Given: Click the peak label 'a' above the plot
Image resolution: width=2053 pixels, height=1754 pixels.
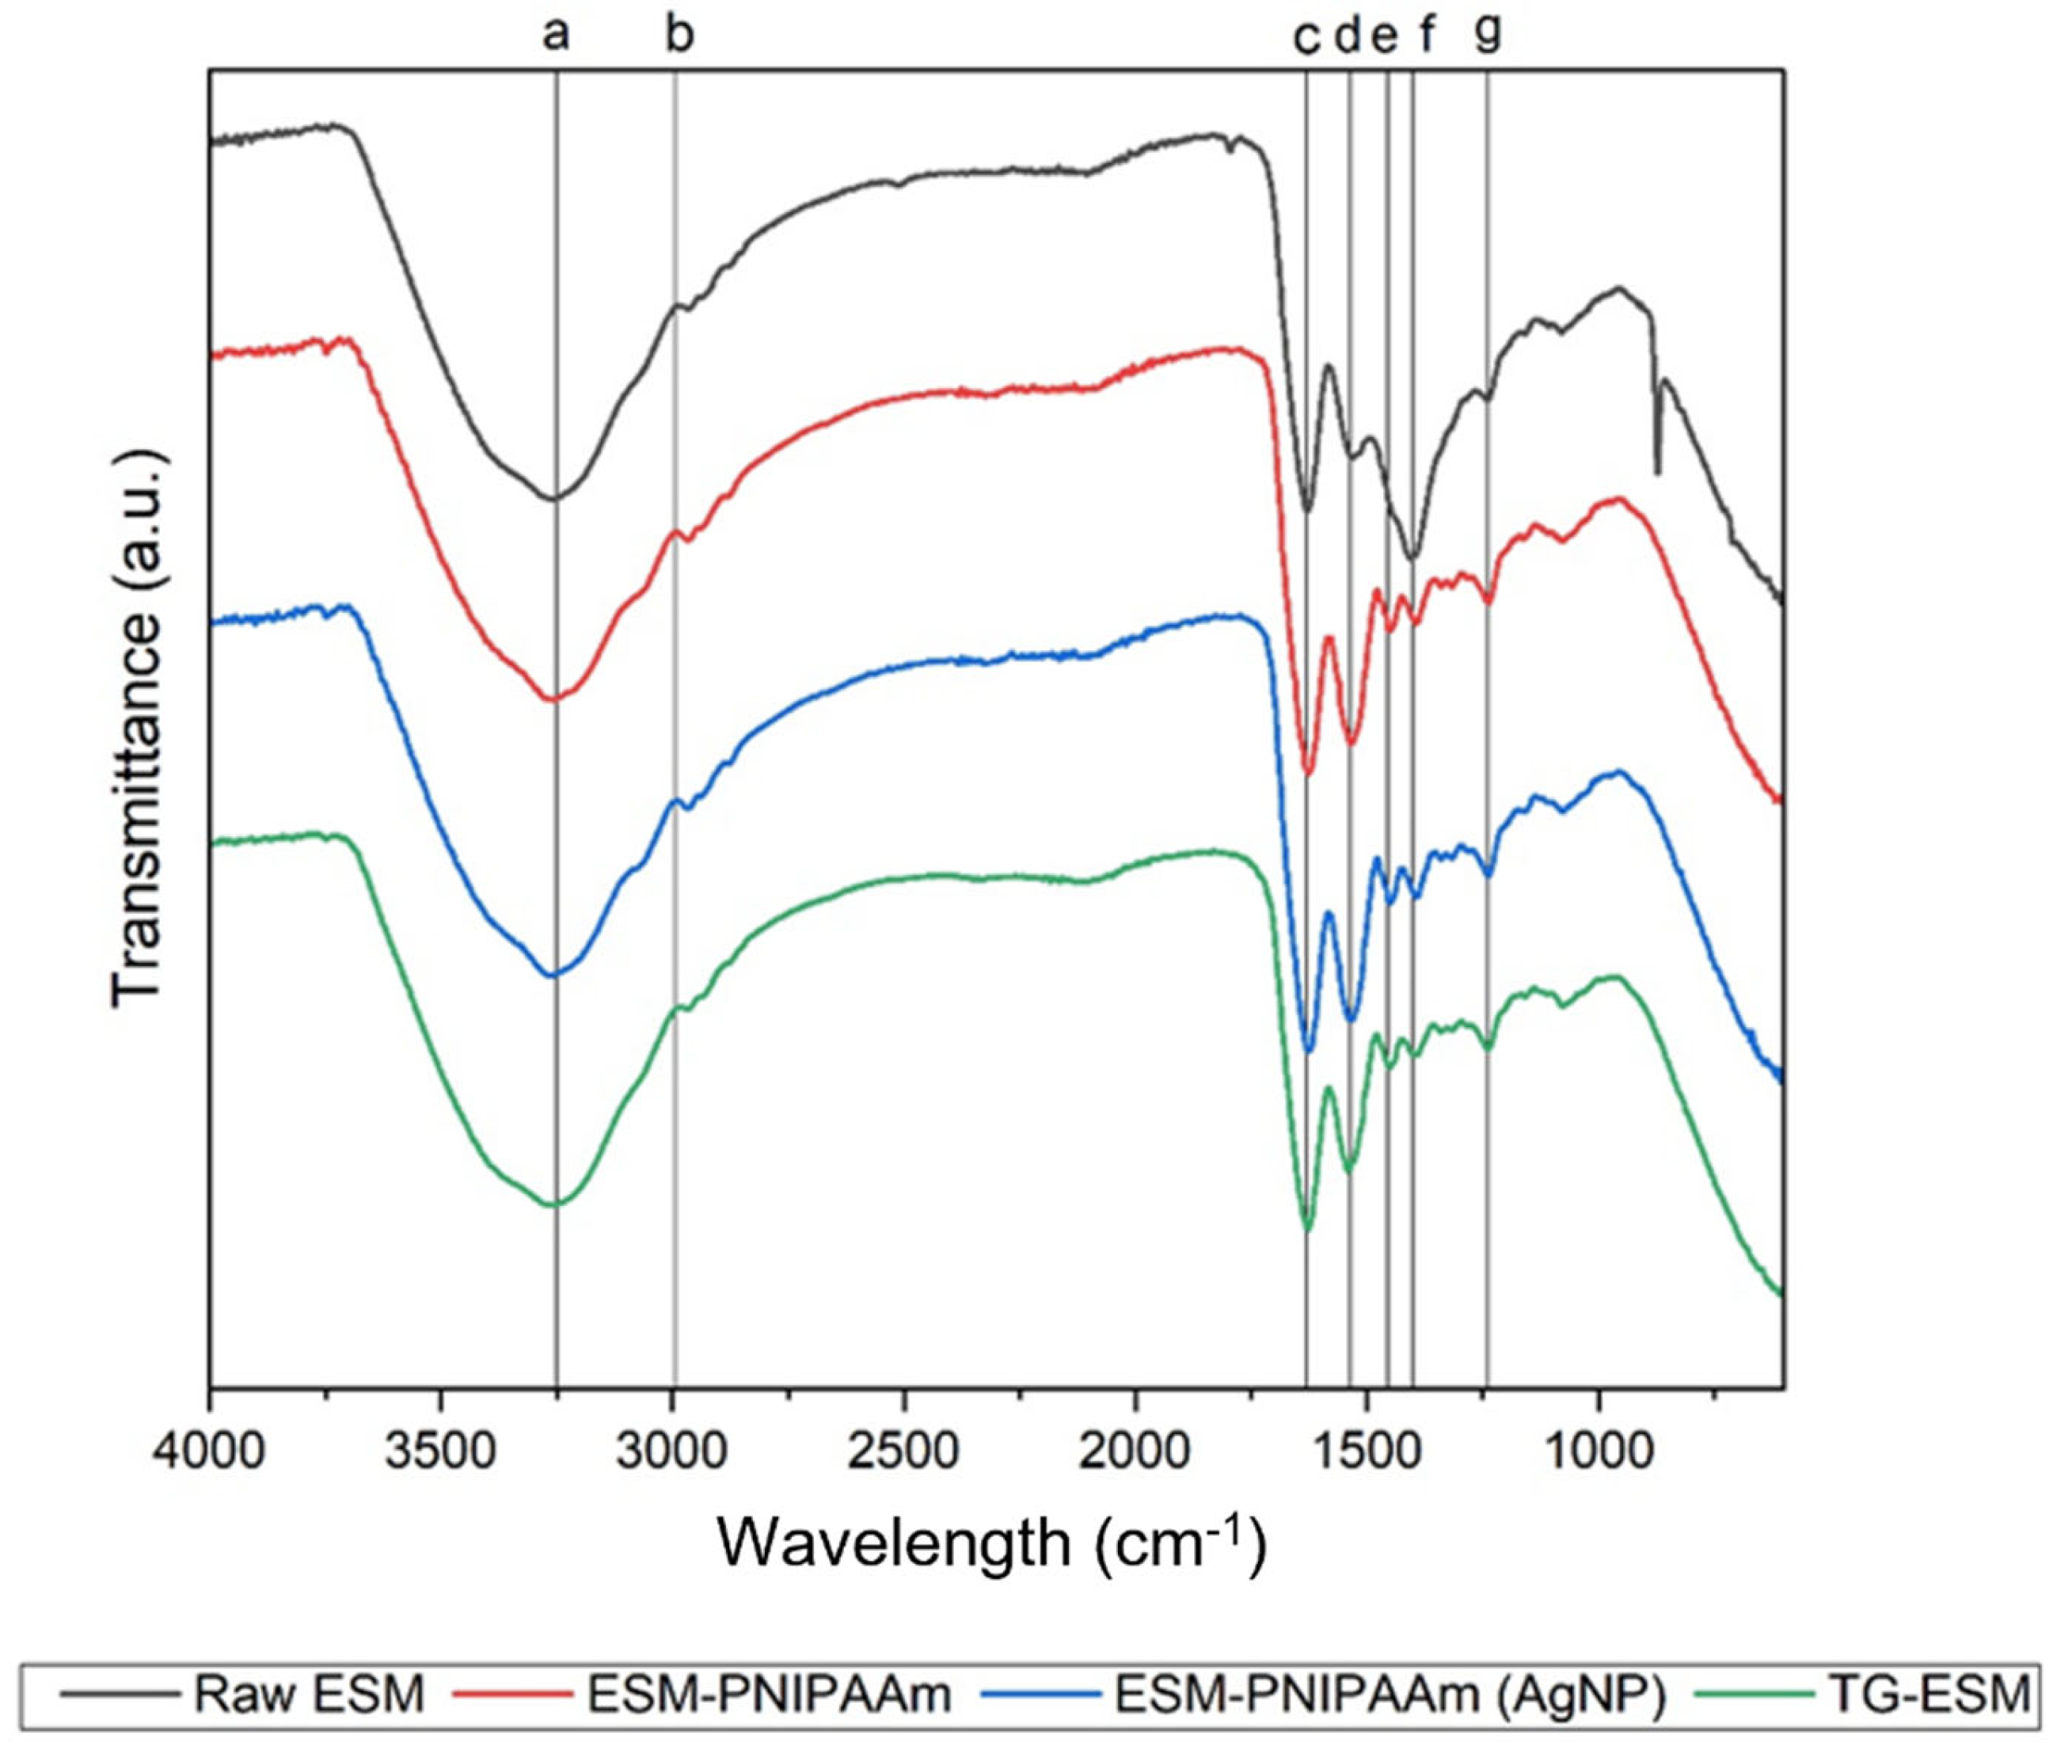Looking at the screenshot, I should coord(556,36).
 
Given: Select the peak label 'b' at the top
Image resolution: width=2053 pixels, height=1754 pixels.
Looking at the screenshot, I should coord(679,35).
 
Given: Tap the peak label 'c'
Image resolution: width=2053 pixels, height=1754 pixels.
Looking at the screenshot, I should coord(1307,39).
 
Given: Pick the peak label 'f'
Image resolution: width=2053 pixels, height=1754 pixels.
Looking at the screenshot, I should coord(1427,35).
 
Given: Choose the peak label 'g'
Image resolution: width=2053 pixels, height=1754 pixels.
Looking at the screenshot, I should coord(1488,35).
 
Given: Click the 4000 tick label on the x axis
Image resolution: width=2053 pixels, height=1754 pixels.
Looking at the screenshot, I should coord(210,1454).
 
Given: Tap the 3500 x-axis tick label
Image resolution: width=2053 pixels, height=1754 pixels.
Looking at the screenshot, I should coord(441,1454).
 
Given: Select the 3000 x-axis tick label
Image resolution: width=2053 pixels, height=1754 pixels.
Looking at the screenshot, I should coord(673,1454).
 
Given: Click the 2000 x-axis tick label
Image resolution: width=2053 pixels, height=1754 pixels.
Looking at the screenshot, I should coord(1135,1454).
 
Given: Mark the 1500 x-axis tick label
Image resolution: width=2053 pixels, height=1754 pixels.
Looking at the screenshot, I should coord(1367,1454).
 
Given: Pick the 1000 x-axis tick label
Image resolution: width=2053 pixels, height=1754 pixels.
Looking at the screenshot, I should coord(1599,1454).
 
